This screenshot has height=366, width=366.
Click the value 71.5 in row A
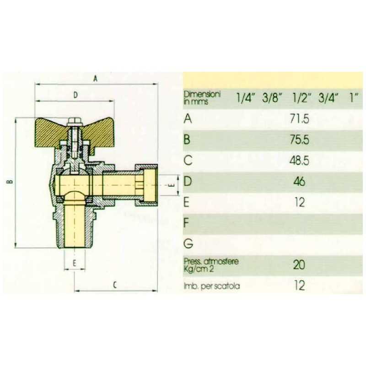pyautogui.click(x=300, y=119)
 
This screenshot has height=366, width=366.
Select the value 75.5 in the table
pyautogui.click(x=300, y=140)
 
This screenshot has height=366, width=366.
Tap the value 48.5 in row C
pyautogui.click(x=300, y=161)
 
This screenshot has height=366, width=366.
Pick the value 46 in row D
pyautogui.click(x=300, y=181)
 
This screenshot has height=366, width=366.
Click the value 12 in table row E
pyautogui.click(x=300, y=202)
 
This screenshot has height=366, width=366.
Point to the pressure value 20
pyautogui.click(x=299, y=265)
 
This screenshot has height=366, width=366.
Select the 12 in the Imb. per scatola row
pyautogui.click(x=300, y=285)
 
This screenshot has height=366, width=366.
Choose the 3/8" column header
pyautogui.click(x=272, y=97)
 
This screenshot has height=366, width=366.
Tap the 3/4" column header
pyautogui.click(x=328, y=97)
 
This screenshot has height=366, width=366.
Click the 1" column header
pyautogui.click(x=354, y=97)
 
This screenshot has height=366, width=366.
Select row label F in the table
pyautogui.click(x=186, y=223)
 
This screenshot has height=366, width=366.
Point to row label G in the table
pyautogui.click(x=188, y=243)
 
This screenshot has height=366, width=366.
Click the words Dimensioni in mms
pyautogui.click(x=202, y=98)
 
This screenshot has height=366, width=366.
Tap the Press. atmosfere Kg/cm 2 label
pyautogui.click(x=211, y=265)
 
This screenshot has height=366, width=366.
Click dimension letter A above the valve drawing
pyautogui.click(x=95, y=79)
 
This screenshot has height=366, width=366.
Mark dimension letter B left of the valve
pyautogui.click(x=9, y=181)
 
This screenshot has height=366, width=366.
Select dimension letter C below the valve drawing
pyautogui.click(x=115, y=285)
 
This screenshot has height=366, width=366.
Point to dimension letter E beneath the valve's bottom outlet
pyautogui.click(x=75, y=264)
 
